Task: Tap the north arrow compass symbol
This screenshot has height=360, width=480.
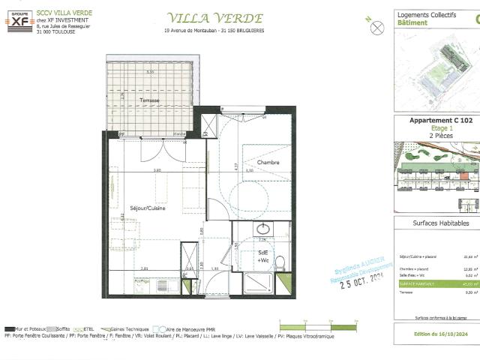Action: coord(377,26)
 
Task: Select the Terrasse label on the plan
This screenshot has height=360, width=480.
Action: coord(149,100)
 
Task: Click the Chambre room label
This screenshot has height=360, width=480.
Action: coord(268,163)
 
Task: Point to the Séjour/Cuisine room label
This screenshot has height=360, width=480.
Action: coord(148,208)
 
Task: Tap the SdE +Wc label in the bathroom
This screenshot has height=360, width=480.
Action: coord(263,256)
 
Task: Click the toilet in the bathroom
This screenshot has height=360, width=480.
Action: coord(280,262)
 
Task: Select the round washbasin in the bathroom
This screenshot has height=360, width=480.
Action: coord(263,229)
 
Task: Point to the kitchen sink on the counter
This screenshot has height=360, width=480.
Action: coord(142,284)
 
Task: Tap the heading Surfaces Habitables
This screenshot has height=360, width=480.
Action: coord(441,223)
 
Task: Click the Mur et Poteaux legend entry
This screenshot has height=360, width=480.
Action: coord(30,329)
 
